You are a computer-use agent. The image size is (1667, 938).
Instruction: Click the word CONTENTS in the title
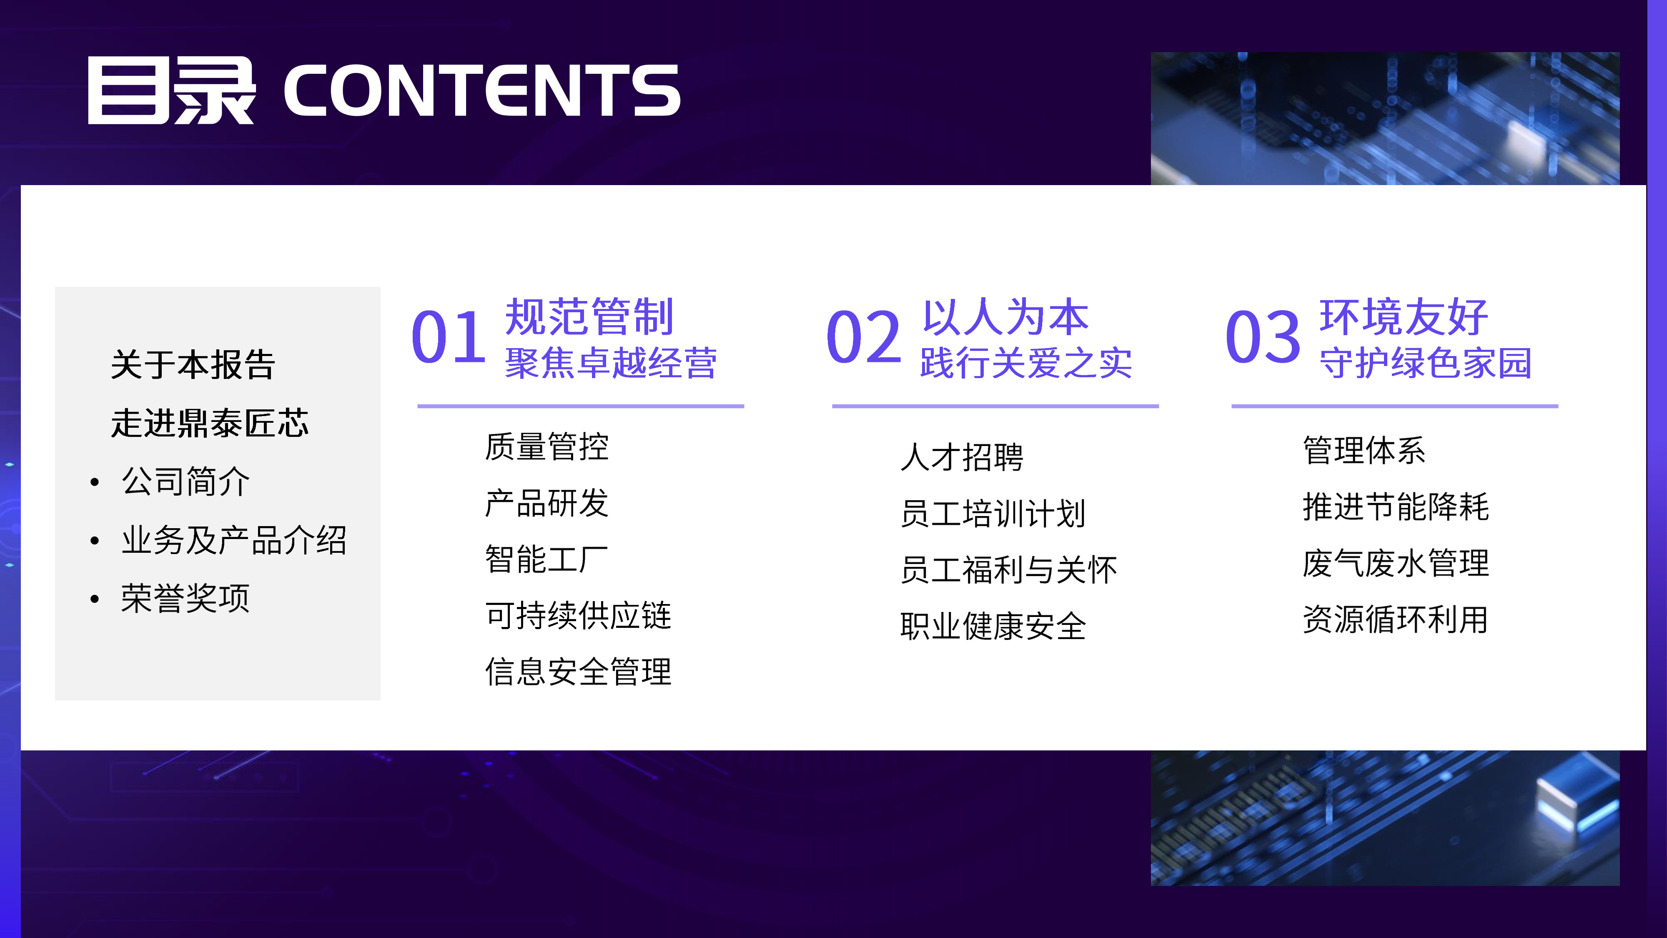(x=482, y=90)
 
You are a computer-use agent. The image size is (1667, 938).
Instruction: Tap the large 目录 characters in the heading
(x=171, y=90)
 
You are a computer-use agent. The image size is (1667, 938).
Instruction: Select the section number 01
(x=449, y=336)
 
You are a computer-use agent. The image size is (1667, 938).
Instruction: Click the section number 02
(x=863, y=336)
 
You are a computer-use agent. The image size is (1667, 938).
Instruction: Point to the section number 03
(x=1263, y=336)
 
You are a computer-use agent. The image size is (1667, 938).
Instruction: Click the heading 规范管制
(x=589, y=317)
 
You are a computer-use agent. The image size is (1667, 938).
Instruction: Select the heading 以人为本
(x=1005, y=317)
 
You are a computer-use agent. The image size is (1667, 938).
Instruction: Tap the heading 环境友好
(x=1404, y=317)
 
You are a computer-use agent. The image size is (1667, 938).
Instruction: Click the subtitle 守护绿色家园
(x=1426, y=363)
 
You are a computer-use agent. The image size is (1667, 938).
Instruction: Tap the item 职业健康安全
(x=993, y=627)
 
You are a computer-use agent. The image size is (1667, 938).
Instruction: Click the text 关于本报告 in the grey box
(x=193, y=364)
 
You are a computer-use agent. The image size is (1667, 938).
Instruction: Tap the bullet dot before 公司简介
(x=95, y=483)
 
